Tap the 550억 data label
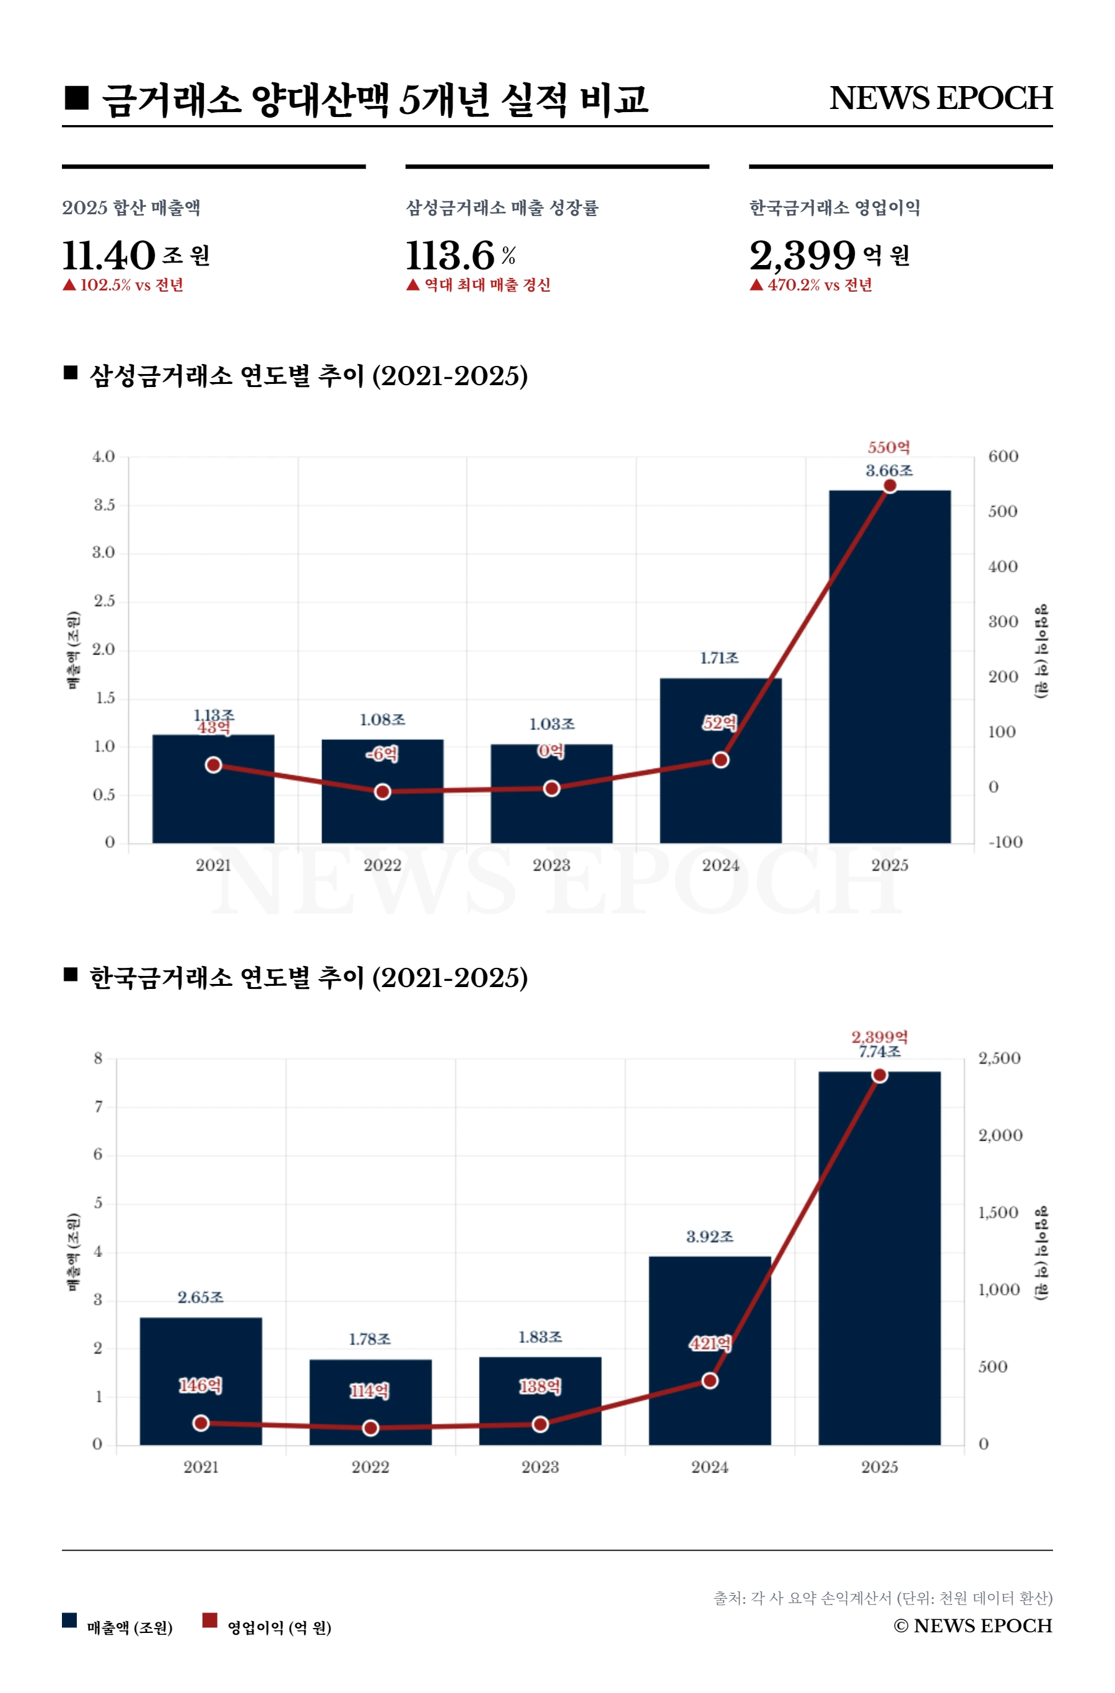[x=888, y=448]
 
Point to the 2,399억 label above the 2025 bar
[x=880, y=1037]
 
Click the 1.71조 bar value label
[x=719, y=658]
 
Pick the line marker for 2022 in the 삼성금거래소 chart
[x=382, y=792]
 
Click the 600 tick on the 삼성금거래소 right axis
[x=1003, y=456]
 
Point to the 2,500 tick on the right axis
[x=999, y=1058]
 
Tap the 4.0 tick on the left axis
[x=103, y=456]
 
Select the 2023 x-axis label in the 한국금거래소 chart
[x=540, y=1467]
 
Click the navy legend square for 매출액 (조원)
[x=69, y=1620]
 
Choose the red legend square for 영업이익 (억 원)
[x=209, y=1620]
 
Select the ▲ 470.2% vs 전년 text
[x=811, y=285]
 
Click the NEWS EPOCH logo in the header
[x=941, y=98]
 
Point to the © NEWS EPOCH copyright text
[x=973, y=1626]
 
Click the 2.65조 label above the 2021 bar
[x=201, y=1297]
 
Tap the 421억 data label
[x=709, y=1344]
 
